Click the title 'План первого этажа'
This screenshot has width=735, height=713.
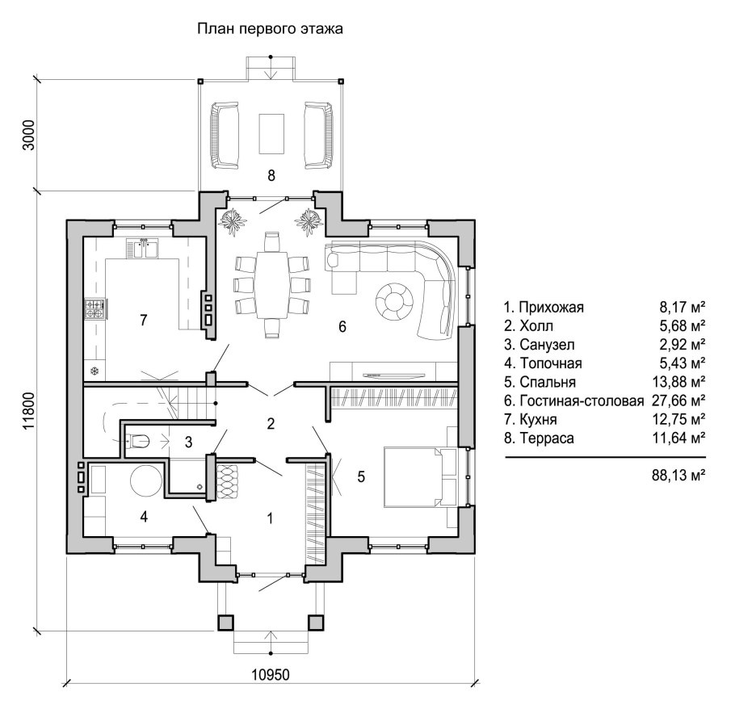click(270, 29)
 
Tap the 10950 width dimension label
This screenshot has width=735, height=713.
click(271, 674)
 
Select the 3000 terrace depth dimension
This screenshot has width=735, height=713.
click(28, 135)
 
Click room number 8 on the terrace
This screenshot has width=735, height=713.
click(271, 175)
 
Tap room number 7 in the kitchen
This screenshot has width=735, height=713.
click(144, 320)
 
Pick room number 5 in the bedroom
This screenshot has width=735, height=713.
click(361, 476)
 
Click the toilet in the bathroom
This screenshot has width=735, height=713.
click(137, 441)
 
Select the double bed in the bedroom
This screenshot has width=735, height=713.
click(414, 476)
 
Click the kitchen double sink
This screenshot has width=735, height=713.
click(142, 249)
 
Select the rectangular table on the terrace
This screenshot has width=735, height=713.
click(271, 133)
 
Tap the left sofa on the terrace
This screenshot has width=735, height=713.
click(225, 135)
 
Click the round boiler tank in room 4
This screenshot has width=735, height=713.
click(145, 480)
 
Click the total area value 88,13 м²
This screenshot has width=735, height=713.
click(678, 476)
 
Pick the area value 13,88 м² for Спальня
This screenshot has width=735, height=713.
click(678, 382)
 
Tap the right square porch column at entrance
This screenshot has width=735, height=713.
click(316, 622)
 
